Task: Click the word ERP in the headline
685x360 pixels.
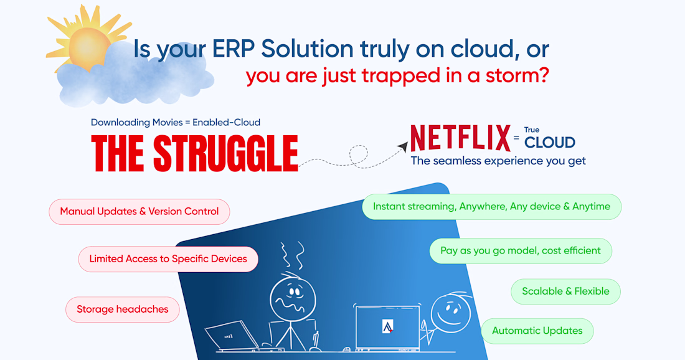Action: pyautogui.click(x=234, y=49)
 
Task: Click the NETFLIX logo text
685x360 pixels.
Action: pyautogui.click(x=460, y=138)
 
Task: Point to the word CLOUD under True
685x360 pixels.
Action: pyautogui.click(x=550, y=143)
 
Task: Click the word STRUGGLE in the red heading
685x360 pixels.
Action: pyautogui.click(x=226, y=153)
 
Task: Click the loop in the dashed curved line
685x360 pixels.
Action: pyautogui.click(x=358, y=156)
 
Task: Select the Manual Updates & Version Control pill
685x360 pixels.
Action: pyautogui.click(x=139, y=212)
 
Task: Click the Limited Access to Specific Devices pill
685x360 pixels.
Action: pyautogui.click(x=168, y=259)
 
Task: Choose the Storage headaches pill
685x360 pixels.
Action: pyautogui.click(x=122, y=310)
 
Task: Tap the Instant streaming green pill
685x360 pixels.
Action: pyautogui.click(x=491, y=207)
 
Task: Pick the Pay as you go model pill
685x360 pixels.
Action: pyautogui.click(x=521, y=251)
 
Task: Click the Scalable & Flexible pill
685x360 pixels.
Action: pyautogui.click(x=565, y=291)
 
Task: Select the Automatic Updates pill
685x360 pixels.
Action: pyautogui.click(x=537, y=331)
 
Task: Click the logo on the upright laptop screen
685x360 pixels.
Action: pyautogui.click(x=387, y=326)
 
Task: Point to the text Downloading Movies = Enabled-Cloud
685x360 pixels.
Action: pyautogui.click(x=176, y=122)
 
